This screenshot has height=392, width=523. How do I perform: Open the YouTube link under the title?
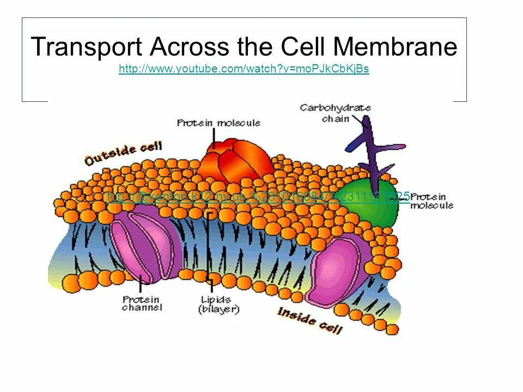pos(244,69)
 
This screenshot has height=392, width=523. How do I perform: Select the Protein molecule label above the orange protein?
pos(218,123)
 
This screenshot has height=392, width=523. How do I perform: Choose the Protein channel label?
pos(142,303)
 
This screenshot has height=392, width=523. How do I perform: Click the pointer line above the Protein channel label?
pos(142,284)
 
